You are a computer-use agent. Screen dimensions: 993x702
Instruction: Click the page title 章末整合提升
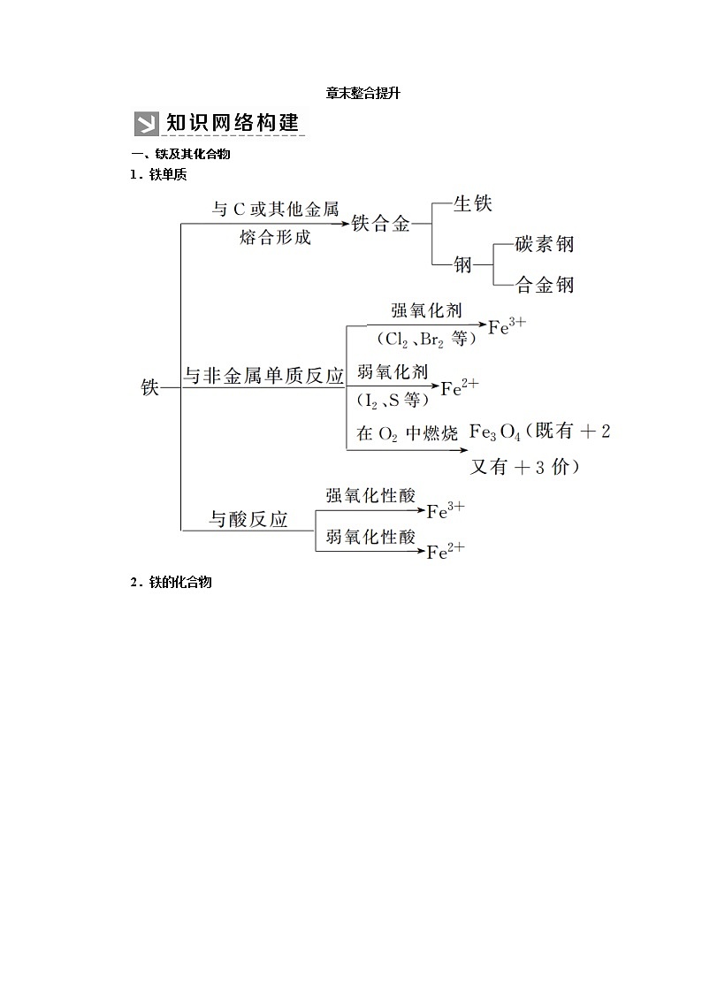tap(351, 93)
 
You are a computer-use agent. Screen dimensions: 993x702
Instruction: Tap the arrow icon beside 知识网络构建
tap(146, 123)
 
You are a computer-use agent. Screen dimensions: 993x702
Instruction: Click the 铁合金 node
tap(381, 224)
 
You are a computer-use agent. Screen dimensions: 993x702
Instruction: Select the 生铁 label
tap(472, 203)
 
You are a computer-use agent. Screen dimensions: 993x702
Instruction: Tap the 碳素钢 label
tap(546, 244)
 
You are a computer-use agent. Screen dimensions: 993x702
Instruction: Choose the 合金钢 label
tap(546, 284)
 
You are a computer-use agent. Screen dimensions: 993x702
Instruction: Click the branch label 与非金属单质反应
tap(263, 376)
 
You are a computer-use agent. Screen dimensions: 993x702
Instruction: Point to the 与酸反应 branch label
tap(248, 519)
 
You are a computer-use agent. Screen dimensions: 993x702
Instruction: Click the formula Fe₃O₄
tap(494, 432)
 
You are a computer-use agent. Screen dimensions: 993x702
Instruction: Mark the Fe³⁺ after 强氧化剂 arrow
tap(507, 326)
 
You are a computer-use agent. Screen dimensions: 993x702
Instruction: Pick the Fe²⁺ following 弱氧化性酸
tap(446, 552)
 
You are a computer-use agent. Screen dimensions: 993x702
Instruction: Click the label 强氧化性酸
tap(370, 496)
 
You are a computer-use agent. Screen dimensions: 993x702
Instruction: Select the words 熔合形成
tap(275, 237)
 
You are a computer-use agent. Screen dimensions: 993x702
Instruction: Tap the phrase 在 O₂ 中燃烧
tap(407, 433)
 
